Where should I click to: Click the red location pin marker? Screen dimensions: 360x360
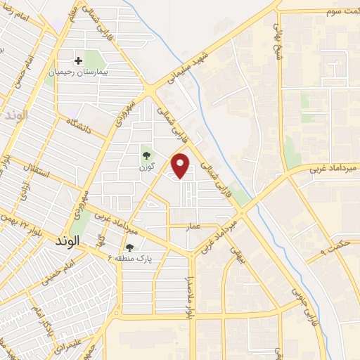pyautogui.click(x=181, y=166)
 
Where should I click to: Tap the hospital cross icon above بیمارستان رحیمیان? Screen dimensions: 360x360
pyautogui.click(x=79, y=61)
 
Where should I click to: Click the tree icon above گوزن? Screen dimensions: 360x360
pyautogui.click(x=146, y=155)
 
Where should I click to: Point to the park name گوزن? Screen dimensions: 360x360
pyautogui.click(x=146, y=167)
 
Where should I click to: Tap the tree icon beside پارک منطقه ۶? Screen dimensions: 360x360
pyautogui.click(x=129, y=247)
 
